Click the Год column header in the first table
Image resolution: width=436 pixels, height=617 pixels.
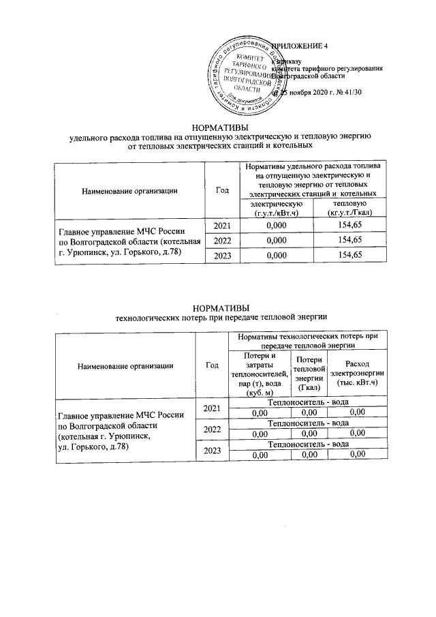pos(221,190)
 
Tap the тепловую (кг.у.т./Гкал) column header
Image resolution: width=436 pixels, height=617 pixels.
pos(351,209)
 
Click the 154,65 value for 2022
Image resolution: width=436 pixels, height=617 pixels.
pos(351,240)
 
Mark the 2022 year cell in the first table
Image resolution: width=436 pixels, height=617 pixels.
pos(222,240)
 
